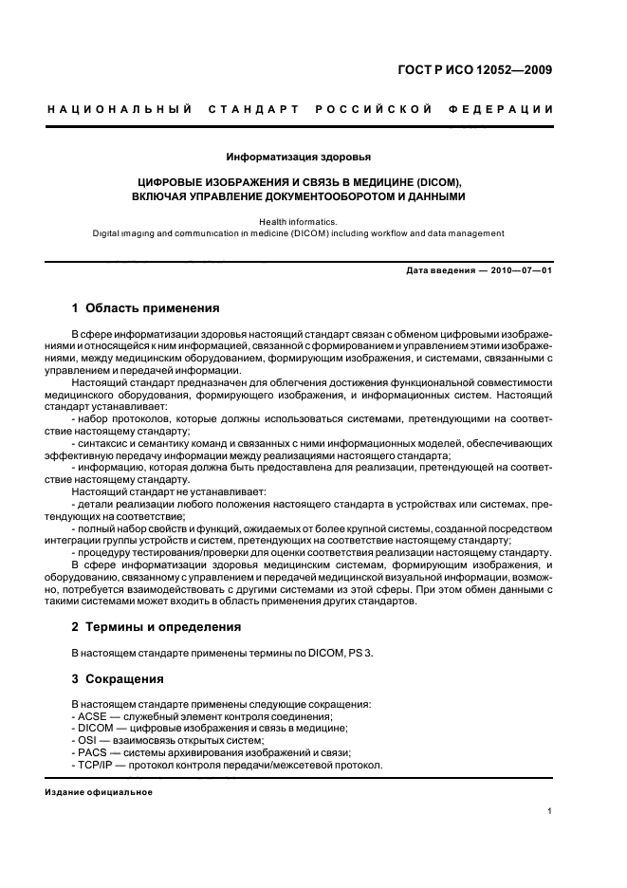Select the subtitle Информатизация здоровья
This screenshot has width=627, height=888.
298,157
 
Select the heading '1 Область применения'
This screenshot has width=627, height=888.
146,308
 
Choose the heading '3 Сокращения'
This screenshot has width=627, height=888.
119,679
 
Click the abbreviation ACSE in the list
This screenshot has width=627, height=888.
95,716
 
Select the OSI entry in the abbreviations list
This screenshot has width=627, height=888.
89,741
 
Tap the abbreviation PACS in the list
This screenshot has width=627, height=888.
95,752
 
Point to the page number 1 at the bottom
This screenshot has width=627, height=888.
549,812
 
